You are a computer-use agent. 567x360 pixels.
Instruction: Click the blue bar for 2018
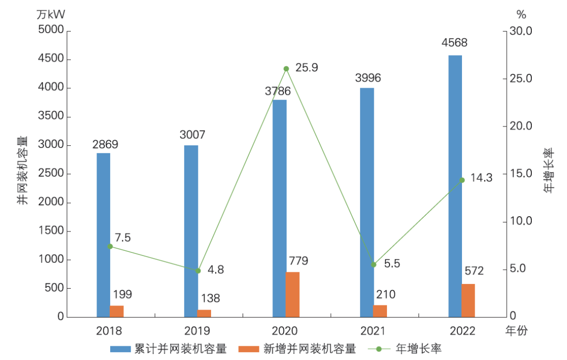(x=103, y=235)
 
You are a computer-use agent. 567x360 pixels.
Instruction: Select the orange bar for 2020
(x=292, y=294)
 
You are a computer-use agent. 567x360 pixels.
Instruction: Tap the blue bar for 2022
(x=455, y=186)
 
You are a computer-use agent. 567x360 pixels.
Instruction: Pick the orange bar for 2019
(x=204, y=313)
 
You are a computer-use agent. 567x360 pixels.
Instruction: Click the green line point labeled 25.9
(x=286, y=69)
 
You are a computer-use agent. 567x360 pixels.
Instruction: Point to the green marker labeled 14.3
(x=462, y=180)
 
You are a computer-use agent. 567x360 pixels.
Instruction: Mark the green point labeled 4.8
(x=198, y=271)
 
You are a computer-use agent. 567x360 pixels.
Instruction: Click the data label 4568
(x=455, y=43)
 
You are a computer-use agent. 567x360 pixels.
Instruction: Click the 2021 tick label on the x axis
(x=373, y=331)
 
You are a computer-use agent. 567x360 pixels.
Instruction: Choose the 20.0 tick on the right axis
(x=521, y=126)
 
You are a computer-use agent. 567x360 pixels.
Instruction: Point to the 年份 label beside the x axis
(x=516, y=331)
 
